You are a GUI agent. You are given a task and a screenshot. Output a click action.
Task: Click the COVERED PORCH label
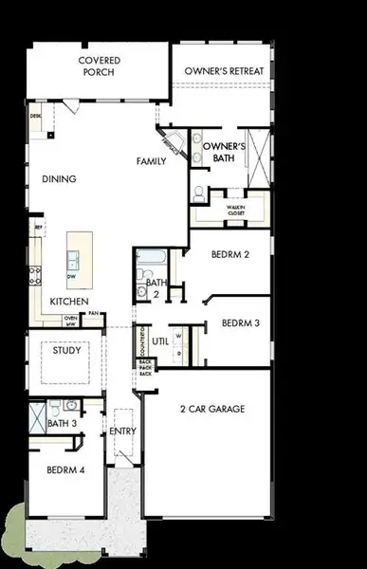coord(98,65)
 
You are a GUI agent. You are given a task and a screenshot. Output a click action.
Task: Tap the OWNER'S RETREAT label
coord(224,72)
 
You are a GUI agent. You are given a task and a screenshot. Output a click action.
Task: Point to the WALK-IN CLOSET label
coord(236,210)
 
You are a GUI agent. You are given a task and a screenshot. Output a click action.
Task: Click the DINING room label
coord(59,178)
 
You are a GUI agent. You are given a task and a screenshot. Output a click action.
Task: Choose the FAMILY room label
coord(152,161)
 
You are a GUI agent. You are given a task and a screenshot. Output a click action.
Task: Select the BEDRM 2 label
coord(231,255)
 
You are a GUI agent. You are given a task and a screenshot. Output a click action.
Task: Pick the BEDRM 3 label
coord(240,323)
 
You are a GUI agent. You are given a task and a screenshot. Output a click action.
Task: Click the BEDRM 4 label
coord(65,468)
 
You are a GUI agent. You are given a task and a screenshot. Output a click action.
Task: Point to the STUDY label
coord(66,350)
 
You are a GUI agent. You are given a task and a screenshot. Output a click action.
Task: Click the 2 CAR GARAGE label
coord(212,409)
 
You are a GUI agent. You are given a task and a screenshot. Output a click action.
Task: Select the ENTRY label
coord(123,431)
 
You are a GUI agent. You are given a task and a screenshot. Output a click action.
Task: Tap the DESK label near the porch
coord(36,116)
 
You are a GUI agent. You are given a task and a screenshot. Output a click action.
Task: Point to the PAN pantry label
coord(96,315)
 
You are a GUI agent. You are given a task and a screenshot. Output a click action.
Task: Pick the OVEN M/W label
coord(70,321)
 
